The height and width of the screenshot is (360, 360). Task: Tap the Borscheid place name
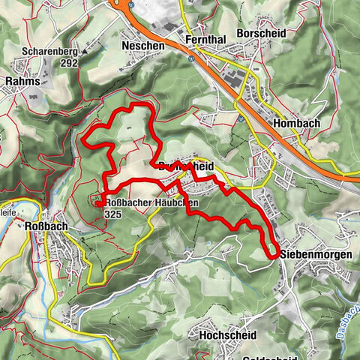pyautogui.click(x=259, y=34)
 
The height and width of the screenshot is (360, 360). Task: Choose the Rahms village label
pyautogui.click(x=21, y=80)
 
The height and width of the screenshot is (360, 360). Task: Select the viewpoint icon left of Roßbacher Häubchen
pyautogui.click(x=97, y=200)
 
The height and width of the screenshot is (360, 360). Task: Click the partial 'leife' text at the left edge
pyautogui.click(x=7, y=212)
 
